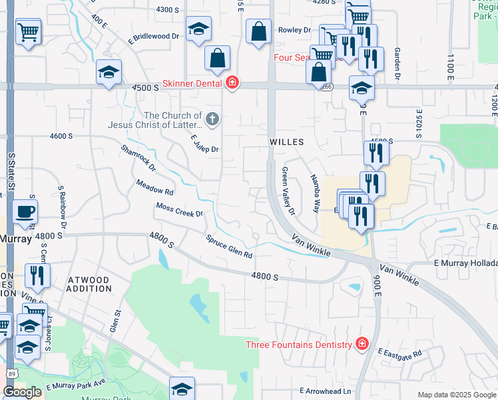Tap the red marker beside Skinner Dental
coord(232,83)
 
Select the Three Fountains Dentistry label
coord(298,345)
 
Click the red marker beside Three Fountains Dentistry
coord(362,344)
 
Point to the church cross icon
coord(212,120)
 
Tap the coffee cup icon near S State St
coord(25,212)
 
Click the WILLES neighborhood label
coord(286,142)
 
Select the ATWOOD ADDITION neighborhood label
coord(89,285)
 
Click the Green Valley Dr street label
coord(287,191)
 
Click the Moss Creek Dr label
coord(179,210)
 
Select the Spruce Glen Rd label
coord(229,247)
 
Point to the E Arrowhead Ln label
coord(325,391)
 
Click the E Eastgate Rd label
coord(399,353)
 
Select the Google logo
coord(22,392)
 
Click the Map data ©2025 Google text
coord(456,395)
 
